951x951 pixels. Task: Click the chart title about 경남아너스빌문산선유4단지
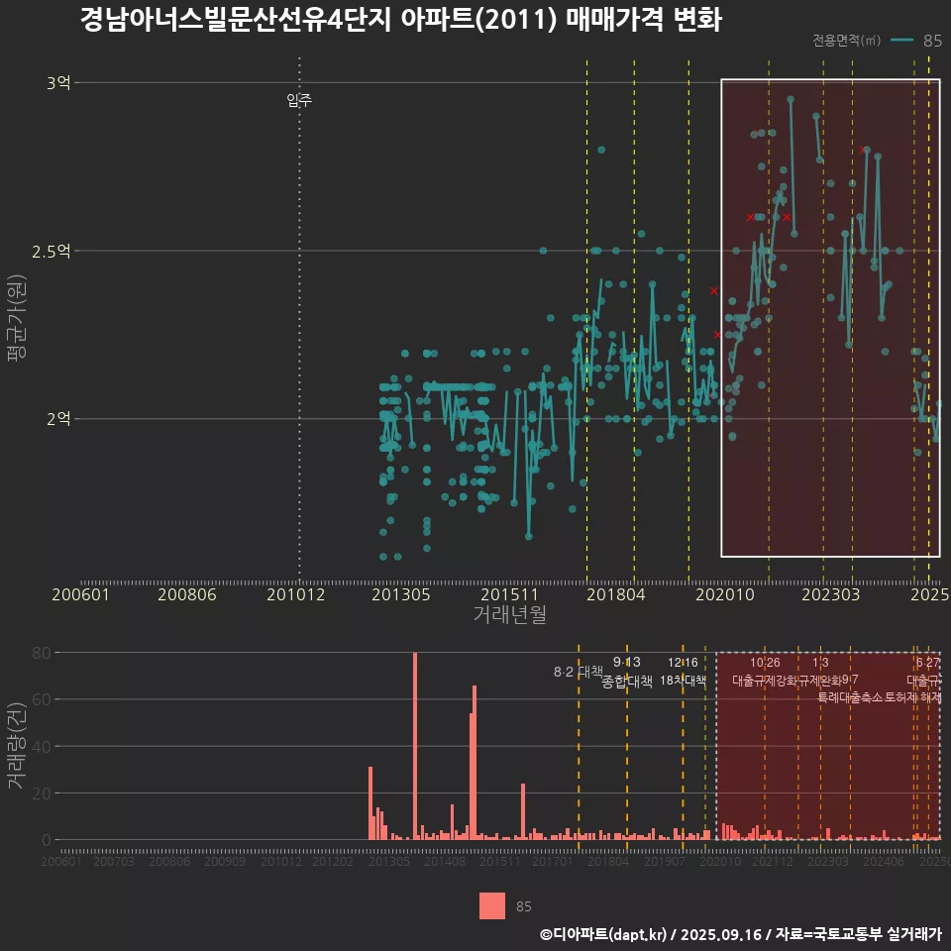coord(400,21)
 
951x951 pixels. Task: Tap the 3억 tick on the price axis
coord(58,83)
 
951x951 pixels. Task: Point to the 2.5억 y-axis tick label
coord(52,251)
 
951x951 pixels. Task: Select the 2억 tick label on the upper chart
coord(58,419)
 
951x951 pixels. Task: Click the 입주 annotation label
coord(299,100)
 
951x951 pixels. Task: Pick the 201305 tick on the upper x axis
coord(400,594)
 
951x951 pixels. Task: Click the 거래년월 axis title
coord(509,615)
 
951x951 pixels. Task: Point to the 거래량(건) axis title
coord(17,746)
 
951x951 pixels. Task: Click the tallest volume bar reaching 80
coord(415,746)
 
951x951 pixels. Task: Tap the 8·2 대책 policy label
coord(578,672)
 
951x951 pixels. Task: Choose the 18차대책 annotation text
coord(683,682)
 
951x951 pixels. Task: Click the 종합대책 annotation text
coord(627,682)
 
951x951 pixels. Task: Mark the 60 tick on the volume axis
coord(42,699)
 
